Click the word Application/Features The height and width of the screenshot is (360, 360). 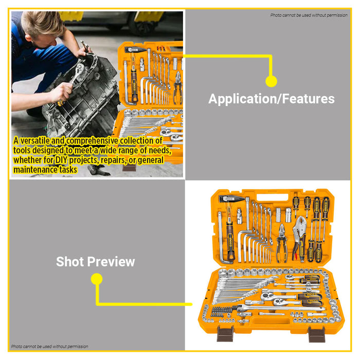click(x=271, y=99)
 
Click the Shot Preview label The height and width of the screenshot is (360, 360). click(x=95, y=261)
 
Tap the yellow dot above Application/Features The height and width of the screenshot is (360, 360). click(x=271, y=81)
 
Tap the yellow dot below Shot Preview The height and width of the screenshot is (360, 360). click(x=96, y=279)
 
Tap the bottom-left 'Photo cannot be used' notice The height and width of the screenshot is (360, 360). click(x=49, y=347)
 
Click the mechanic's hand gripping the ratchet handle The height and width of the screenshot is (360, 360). click(x=61, y=93)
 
